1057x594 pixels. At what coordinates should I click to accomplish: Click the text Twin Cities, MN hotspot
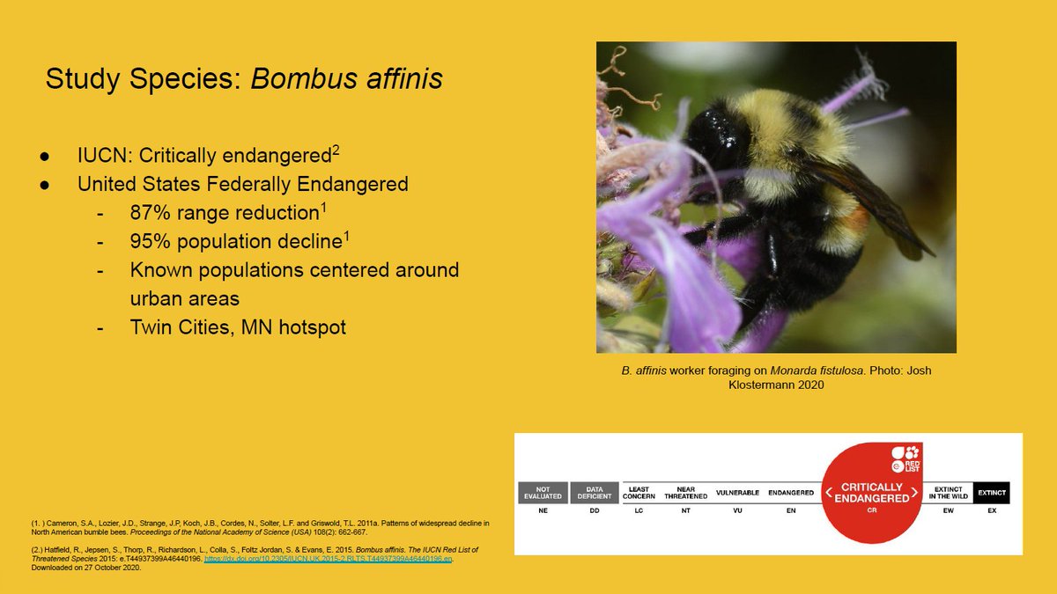click(x=238, y=326)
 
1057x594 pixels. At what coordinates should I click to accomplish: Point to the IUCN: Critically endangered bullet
click(x=208, y=157)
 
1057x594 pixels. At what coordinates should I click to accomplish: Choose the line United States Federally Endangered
click(x=242, y=185)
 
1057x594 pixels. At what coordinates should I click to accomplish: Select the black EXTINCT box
click(x=991, y=493)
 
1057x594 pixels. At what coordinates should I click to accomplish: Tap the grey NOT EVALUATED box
click(x=543, y=493)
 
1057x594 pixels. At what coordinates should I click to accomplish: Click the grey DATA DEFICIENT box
click(x=595, y=493)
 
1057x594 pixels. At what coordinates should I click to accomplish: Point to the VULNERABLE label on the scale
click(x=737, y=493)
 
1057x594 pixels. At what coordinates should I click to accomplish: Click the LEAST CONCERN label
click(x=639, y=493)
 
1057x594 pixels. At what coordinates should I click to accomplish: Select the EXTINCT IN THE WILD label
click(x=948, y=493)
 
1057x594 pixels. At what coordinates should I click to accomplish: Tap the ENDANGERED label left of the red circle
click(x=790, y=493)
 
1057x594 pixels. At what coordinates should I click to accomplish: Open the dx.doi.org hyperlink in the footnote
click(x=327, y=559)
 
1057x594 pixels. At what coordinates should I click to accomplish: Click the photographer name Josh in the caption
click(x=915, y=370)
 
